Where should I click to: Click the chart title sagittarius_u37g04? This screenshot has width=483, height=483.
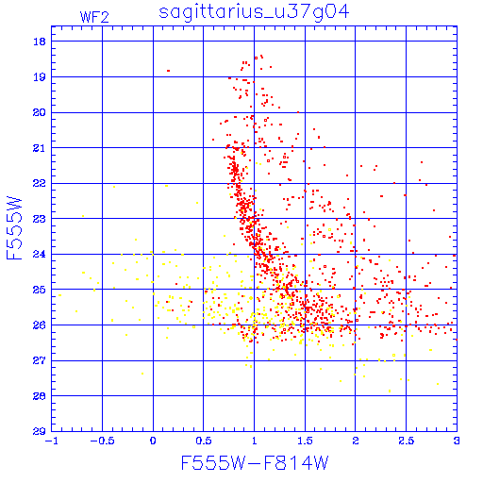[254, 12]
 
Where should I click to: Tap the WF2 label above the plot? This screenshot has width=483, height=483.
[94, 17]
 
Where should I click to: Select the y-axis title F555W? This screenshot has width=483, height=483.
[14, 228]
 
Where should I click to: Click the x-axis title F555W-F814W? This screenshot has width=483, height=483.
[255, 463]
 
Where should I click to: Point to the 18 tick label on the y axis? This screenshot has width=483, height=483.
[40, 42]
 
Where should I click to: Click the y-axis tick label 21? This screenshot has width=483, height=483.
[40, 148]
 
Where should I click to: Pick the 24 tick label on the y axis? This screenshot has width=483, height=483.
[40, 254]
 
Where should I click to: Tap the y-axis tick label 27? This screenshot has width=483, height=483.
[40, 360]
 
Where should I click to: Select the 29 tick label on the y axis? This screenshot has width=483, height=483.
[40, 431]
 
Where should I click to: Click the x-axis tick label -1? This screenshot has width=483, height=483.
[51, 441]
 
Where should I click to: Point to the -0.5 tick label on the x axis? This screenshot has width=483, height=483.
[102, 441]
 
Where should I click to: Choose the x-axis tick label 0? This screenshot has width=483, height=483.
[153, 441]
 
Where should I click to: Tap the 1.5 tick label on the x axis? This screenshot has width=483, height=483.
[305, 441]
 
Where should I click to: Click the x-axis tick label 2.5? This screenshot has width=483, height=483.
[407, 441]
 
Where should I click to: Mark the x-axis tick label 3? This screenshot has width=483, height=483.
[457, 441]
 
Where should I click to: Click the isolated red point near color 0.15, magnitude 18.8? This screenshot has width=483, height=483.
[169, 71]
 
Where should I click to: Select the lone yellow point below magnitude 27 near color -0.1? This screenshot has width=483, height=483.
[142, 374]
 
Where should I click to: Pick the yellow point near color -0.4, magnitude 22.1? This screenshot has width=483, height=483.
[114, 187]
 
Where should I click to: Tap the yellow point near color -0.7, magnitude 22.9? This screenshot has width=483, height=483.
[83, 216]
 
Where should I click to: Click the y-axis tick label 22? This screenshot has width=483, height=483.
[40, 183]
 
